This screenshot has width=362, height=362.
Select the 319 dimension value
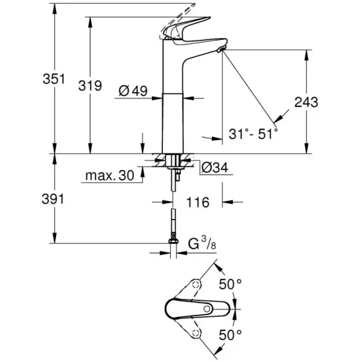90,86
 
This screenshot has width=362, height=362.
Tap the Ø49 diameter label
134,92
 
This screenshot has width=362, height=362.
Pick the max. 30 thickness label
109,176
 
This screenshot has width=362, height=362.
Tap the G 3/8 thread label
199,245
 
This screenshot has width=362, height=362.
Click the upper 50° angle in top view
229,284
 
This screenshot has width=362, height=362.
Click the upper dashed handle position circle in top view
196,284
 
